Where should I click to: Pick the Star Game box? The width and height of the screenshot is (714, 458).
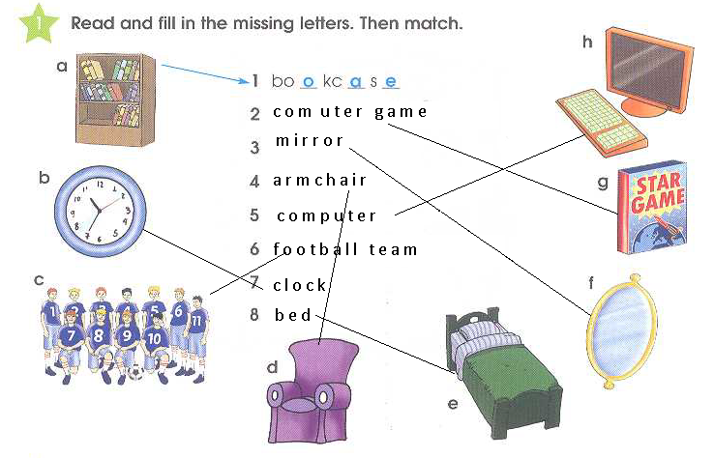coord(650,208)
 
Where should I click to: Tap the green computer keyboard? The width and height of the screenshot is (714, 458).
coord(596,121)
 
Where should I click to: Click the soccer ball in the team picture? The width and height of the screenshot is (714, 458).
coord(135,371)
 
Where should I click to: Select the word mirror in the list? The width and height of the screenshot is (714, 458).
coord(310,141)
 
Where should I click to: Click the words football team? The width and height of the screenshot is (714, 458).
coord(345,249)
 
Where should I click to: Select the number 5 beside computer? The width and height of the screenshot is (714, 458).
coord(254,215)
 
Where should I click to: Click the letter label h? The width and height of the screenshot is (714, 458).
coord(587,42)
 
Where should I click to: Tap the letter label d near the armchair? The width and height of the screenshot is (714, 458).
coord(273,367)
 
